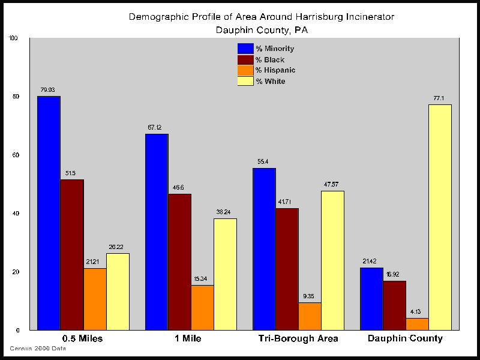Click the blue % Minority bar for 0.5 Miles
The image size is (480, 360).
coord(49,213)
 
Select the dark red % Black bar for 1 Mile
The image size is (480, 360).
coord(179,262)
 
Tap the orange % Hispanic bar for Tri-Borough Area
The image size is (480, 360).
coord(310,316)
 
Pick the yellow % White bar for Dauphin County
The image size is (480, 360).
coord(440,217)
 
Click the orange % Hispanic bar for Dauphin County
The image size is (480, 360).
coord(417,324)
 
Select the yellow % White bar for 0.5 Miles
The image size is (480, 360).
coord(118,292)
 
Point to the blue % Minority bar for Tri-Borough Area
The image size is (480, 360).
coord(264,249)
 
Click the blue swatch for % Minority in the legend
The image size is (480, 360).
coord(245,49)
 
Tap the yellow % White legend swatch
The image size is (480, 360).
coord(245,81)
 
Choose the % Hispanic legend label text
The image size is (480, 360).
coord(275,70)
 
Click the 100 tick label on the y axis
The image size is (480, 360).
coord(14,38)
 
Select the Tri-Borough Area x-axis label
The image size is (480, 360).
coord(298,338)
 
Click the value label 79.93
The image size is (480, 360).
coord(48,90)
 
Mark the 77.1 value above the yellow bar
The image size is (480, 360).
coord(440,98)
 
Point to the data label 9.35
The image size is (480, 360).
coord(310,296)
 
